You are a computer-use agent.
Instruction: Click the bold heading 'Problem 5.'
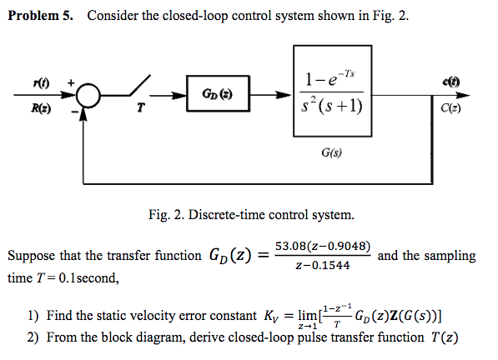pyautogui.click(x=42, y=17)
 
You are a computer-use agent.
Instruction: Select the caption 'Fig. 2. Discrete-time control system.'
pyautogui.click(x=250, y=216)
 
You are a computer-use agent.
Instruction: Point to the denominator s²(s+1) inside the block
pyautogui.click(x=333, y=106)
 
